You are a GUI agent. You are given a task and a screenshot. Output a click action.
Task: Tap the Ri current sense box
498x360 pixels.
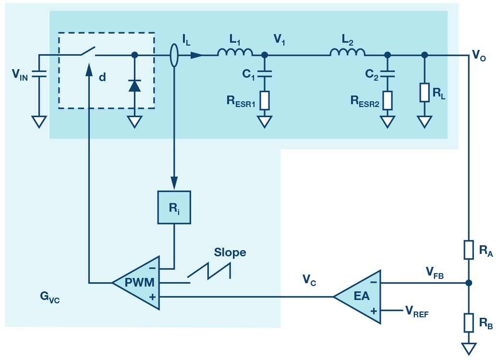tap(174, 207)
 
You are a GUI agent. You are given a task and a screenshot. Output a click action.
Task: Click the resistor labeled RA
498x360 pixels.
tap(469, 250)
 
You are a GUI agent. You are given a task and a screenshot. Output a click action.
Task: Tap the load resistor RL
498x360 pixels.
tap(424, 92)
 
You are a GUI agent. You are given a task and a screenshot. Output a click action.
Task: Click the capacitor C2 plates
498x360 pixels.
tap(388, 74)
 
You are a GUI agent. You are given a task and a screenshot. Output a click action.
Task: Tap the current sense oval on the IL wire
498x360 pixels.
tap(174, 55)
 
